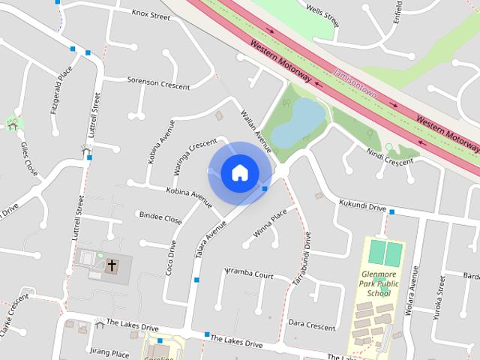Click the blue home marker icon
(239, 172)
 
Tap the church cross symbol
(112, 265)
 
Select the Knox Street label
(151, 13)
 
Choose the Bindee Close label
(160, 218)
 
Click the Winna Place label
(270, 225)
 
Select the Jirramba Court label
(249, 274)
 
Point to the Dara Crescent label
(311, 325)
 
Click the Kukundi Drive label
(362, 205)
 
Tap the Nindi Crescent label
(389, 157)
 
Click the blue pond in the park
(299, 122)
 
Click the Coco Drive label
(171, 258)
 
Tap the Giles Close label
(29, 158)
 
